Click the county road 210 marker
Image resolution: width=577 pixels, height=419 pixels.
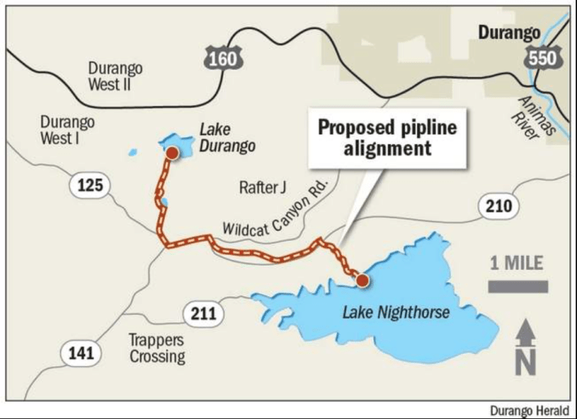[x=504, y=205]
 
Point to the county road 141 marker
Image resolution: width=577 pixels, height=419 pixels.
[x=81, y=354]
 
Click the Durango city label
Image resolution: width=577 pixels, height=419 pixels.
[x=509, y=32]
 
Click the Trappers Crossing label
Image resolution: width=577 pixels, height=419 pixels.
[x=157, y=348]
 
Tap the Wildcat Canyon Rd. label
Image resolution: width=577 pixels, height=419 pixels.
[x=275, y=209]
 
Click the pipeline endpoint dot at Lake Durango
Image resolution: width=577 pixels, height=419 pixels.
[x=171, y=153]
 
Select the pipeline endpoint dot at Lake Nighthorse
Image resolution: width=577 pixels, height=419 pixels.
[x=361, y=280]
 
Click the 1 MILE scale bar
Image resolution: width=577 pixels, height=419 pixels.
[x=518, y=286]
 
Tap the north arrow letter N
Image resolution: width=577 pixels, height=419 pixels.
[x=525, y=361]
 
